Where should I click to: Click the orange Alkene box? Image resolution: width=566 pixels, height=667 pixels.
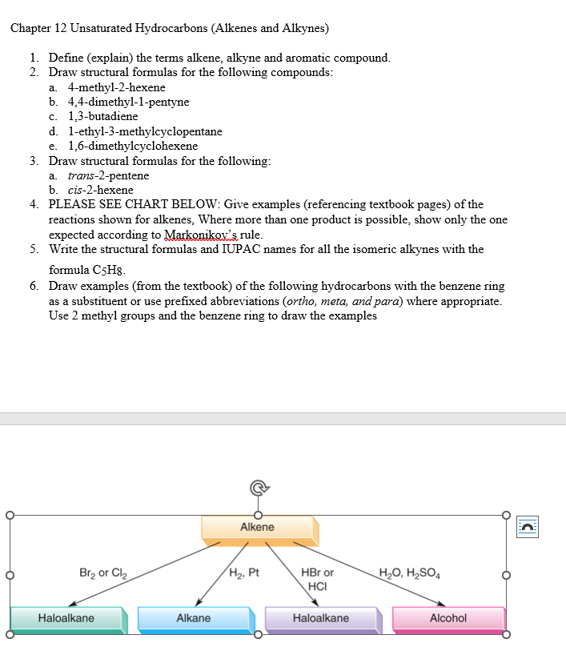click(258, 528)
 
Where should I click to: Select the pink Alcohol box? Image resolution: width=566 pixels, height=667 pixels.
click(448, 619)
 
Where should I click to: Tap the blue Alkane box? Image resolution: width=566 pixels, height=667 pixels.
click(194, 619)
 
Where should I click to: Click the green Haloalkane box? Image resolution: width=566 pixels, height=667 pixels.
click(66, 619)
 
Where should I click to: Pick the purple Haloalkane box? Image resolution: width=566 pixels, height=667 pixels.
click(321, 619)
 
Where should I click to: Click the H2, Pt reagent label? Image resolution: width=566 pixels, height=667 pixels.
click(244, 573)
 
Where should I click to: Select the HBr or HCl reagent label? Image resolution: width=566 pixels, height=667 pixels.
click(318, 579)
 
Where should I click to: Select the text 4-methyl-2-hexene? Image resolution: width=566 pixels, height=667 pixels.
click(117, 87)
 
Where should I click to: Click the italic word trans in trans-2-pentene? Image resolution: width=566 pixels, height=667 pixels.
click(82, 175)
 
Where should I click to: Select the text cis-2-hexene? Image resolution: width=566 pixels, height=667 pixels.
click(101, 190)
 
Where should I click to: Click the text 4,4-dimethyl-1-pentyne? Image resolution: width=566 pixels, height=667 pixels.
click(129, 102)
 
